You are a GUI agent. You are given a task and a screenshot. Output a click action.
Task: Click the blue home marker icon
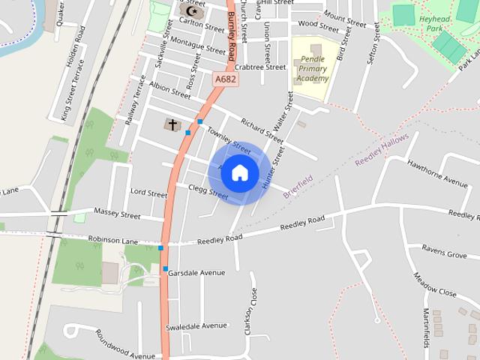(239, 172)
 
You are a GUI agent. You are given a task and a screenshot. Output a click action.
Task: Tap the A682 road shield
(225, 78)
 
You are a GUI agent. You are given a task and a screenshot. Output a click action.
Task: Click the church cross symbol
(172, 124)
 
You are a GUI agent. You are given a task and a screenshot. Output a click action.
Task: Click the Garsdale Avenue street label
(196, 273)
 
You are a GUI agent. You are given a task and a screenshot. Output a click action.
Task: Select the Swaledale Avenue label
(196, 325)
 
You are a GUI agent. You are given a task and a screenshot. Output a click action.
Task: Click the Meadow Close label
(435, 284)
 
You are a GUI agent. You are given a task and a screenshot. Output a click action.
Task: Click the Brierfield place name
(298, 186)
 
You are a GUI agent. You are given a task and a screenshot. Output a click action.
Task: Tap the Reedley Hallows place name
(382, 151)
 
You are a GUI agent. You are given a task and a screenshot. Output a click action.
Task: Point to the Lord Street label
(148, 193)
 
